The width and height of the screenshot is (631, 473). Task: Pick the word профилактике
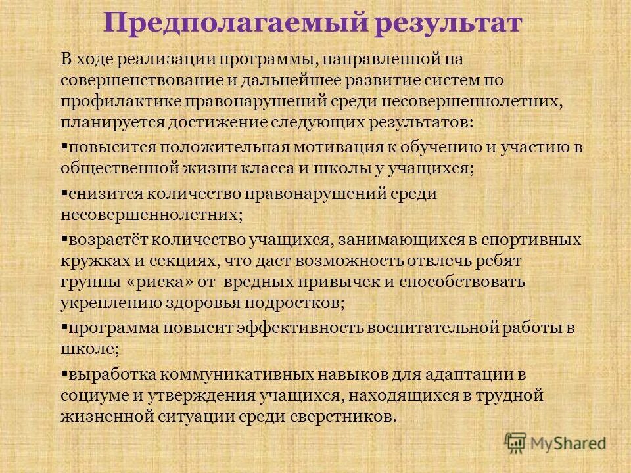[x=120, y=101]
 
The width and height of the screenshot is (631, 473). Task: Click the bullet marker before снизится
[x=64, y=192]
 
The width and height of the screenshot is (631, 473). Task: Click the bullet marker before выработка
[x=64, y=373]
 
